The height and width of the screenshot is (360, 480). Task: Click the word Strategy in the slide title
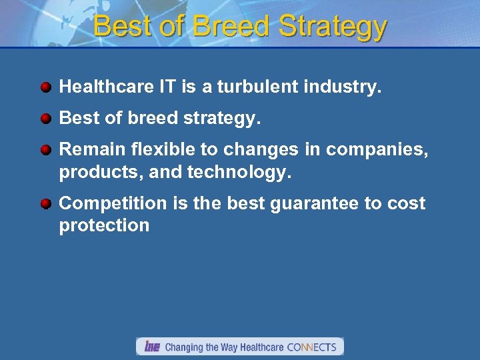click(333, 27)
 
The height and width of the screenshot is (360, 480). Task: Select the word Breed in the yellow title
click(232, 27)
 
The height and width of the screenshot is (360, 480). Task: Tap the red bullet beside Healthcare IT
click(45, 87)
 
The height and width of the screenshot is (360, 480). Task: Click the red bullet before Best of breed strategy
click(45, 119)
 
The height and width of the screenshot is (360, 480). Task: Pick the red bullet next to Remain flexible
click(45, 150)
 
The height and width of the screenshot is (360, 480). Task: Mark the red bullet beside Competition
click(45, 204)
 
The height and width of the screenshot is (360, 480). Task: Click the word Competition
click(115, 203)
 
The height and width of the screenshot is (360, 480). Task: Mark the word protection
click(104, 225)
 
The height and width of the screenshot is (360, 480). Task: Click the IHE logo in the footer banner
click(152, 347)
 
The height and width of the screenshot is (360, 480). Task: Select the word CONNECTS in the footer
click(311, 347)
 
